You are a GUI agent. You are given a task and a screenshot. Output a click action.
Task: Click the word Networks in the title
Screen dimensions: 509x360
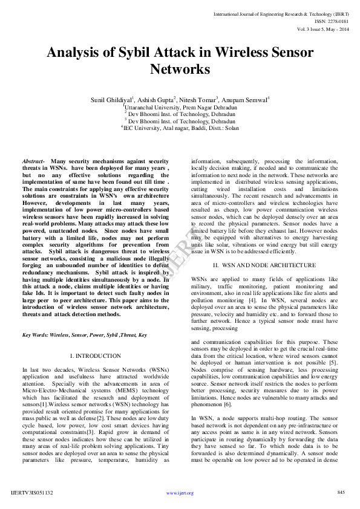tap(180, 70)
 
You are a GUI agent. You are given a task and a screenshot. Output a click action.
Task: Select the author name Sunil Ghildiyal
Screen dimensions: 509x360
tap(111, 99)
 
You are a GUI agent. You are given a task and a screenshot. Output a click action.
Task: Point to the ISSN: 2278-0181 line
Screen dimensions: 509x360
tap(332, 21)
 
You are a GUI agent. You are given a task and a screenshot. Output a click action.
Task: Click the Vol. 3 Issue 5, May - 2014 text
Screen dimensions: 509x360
tap(322, 29)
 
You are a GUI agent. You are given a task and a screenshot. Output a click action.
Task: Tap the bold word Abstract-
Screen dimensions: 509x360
tap(34, 162)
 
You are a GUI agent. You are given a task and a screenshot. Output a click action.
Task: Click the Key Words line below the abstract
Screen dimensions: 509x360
tap(84, 334)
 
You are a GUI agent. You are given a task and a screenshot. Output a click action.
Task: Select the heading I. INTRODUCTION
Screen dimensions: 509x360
tap(96, 357)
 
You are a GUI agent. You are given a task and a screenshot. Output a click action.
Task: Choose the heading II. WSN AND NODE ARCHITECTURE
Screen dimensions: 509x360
tap(264, 265)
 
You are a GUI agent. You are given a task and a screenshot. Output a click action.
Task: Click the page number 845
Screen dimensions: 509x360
tap(341, 492)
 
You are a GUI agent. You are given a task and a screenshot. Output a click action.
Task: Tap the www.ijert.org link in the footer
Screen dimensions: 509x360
tap(180, 493)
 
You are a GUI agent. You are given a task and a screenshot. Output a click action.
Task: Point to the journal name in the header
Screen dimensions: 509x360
tap(281, 13)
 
